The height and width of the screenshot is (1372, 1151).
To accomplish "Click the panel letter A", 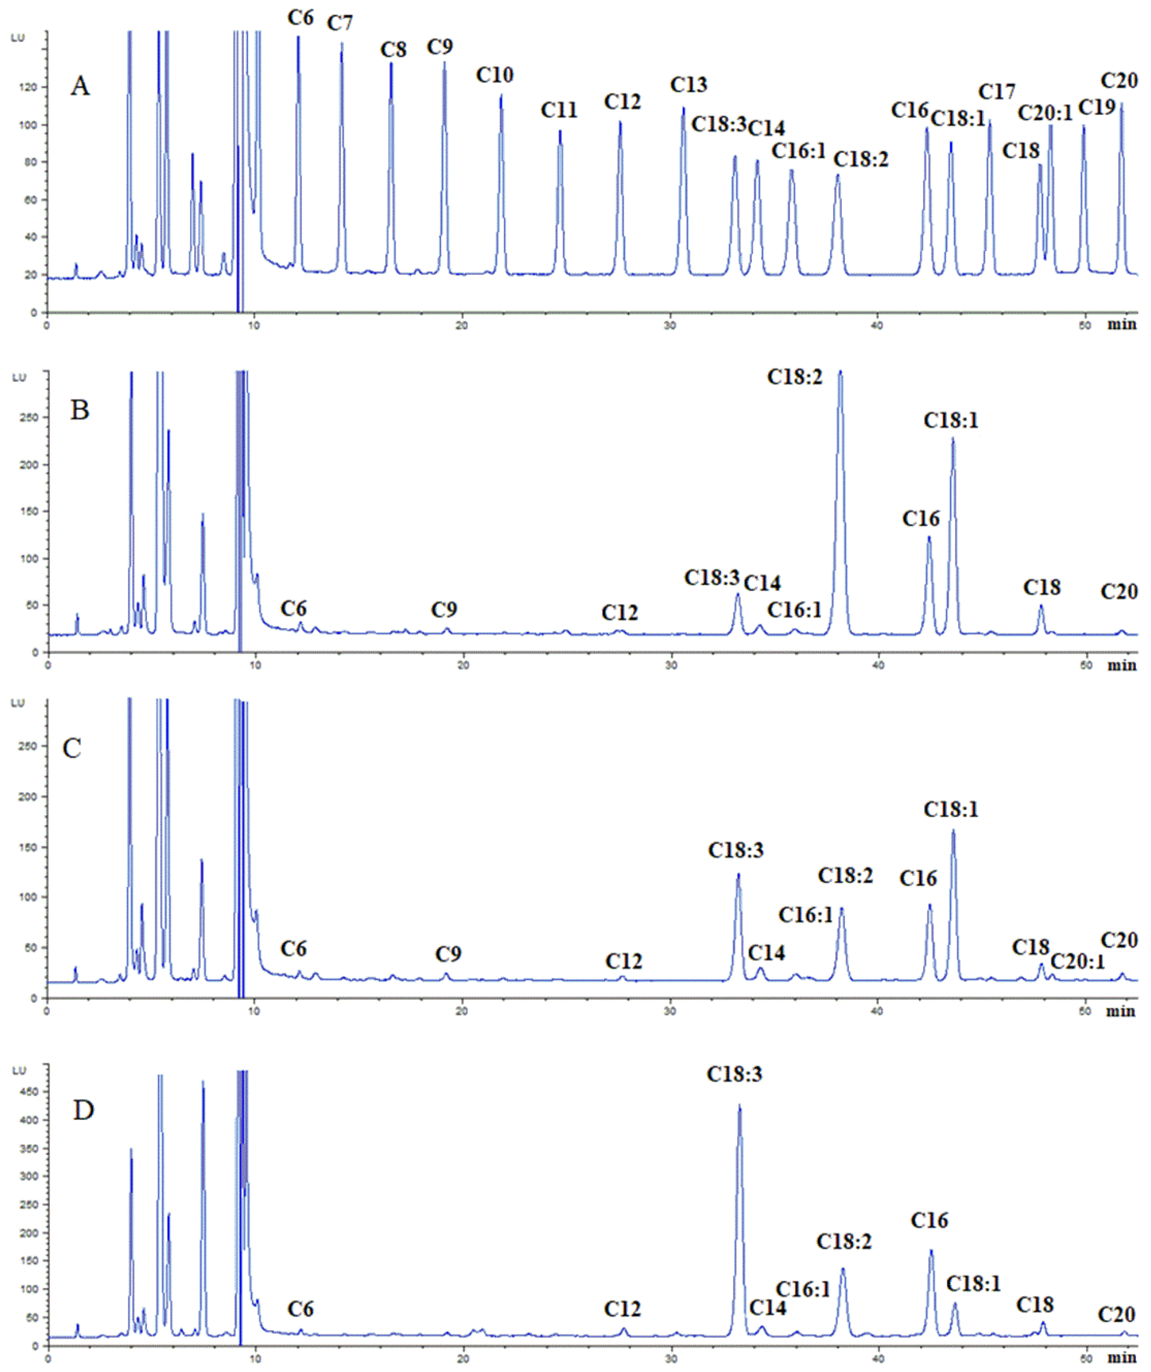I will click(x=80, y=86).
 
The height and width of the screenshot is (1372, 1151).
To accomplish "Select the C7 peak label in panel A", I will click(x=340, y=23).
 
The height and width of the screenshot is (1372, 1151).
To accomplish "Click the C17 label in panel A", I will click(x=997, y=92).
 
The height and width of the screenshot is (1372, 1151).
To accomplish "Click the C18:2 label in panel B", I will click(x=795, y=377).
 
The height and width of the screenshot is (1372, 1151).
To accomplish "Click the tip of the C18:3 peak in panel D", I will click(x=739, y=1106).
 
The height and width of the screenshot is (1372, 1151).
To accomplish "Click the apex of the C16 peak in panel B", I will click(x=929, y=537).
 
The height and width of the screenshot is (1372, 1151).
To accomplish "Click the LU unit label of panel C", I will click(x=18, y=703).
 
